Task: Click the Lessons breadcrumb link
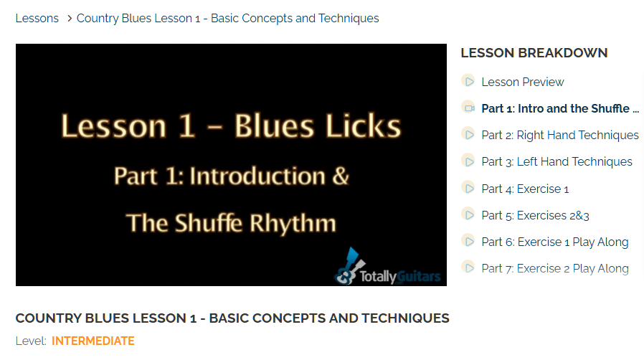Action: point(37,19)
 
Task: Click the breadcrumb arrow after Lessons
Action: point(70,19)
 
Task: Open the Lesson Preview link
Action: point(522,82)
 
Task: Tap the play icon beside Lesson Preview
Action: point(468,81)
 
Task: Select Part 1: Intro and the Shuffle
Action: point(560,108)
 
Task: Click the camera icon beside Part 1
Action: point(468,108)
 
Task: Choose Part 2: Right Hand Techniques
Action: point(560,135)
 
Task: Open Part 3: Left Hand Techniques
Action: point(557,162)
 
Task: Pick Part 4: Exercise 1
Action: point(525,189)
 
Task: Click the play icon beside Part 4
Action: point(468,188)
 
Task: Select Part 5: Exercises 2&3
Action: point(535,216)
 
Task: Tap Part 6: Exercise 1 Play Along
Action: point(555,242)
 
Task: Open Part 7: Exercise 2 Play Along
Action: point(555,268)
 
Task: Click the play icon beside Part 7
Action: point(468,267)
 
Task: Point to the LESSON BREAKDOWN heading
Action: point(534,53)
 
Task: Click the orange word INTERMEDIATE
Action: point(93,341)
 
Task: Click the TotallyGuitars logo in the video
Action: point(387,266)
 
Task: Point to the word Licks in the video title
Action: point(363,126)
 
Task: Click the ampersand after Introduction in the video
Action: point(340,176)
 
